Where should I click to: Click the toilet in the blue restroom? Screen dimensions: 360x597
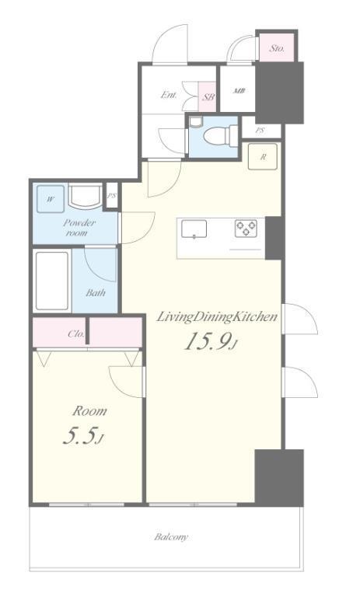220,135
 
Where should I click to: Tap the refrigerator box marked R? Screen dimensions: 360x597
263,156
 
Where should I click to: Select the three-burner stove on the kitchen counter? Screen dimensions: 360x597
246,229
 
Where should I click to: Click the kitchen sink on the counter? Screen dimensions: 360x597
194,229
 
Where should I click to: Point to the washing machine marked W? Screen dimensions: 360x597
51,199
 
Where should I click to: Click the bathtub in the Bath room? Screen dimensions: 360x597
52,281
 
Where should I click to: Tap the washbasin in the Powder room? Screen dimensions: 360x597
85,196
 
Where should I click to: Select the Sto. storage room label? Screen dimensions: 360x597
277,48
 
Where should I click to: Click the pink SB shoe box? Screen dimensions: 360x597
208,96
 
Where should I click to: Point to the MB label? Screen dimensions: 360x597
239,91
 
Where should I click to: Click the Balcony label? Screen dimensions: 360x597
171,537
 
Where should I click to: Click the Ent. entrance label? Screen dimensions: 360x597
169,95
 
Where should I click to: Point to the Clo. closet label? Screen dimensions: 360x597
75,334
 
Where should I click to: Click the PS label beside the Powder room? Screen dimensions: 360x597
112,196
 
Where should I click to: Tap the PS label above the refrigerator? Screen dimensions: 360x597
260,131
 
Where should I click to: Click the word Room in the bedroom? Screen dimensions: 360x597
89,411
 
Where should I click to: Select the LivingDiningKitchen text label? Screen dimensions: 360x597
217,317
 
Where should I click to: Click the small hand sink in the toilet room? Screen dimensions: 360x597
196,121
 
